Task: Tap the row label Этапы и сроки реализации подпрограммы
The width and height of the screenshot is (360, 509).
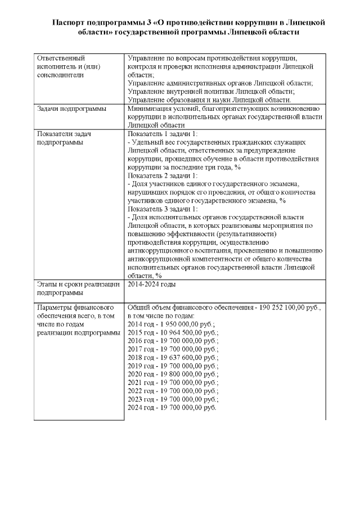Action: point(78,289)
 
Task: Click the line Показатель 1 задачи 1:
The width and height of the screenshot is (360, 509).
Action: point(163,134)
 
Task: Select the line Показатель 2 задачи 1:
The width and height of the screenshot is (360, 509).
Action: point(163,175)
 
